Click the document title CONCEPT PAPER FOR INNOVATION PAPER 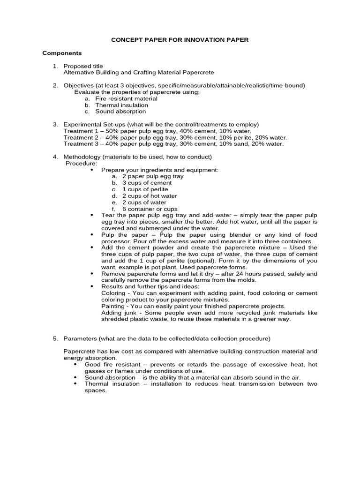coord(180,40)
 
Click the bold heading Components coord(62,53)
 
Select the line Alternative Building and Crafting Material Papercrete coord(139,73)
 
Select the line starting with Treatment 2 coord(175,138)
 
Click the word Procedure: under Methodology coord(82,163)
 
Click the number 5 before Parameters coord(55,338)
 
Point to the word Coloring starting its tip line coord(113,293)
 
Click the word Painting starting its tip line coord(113,306)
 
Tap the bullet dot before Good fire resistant coord(76,364)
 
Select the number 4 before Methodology coord(55,157)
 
